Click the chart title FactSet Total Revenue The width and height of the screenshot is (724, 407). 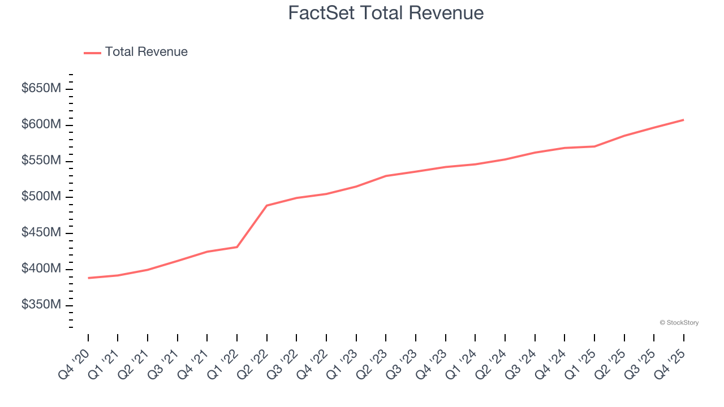[386, 13]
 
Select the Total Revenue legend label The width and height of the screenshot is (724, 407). [146, 52]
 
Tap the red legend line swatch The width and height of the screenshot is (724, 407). [92, 53]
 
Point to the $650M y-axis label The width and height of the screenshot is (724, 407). [41, 89]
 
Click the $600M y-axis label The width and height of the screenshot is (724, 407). [41, 125]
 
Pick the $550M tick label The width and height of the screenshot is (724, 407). [41, 161]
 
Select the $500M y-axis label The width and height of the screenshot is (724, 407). [41, 197]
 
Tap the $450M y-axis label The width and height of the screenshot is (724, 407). [41, 233]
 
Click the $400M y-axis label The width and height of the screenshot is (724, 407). [41, 269]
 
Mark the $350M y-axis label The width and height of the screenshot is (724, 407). [41, 305]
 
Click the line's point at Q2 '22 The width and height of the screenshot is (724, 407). [267, 205]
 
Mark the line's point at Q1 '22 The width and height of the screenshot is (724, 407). [237, 247]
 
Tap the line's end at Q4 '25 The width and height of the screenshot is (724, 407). [683, 120]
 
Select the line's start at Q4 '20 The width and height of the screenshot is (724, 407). [89, 278]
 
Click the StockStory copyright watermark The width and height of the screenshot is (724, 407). [679, 323]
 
